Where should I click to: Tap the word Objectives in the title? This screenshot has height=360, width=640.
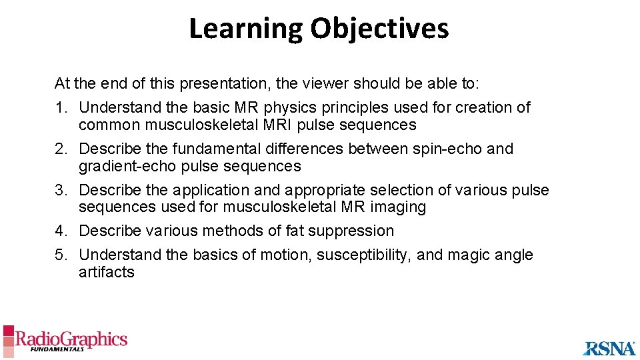pos(379,29)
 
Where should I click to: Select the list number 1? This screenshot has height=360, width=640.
pos(59,108)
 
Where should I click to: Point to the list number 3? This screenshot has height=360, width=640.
pos(59,191)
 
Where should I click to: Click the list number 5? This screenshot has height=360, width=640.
pos(59,255)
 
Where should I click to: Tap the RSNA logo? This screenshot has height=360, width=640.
pos(609,347)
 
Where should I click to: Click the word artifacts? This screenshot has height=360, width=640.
pos(107,272)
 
